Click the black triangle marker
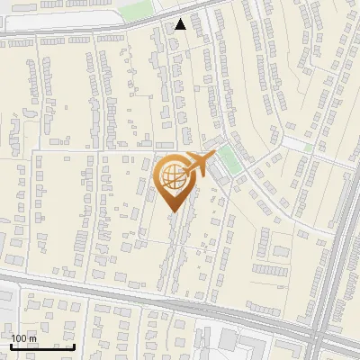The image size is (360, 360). click(182, 24)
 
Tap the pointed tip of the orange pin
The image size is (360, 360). click(174, 210)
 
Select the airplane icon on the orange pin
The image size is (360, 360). click(197, 165)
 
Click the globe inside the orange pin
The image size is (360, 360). click(173, 175)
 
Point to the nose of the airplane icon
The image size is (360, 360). click(212, 157)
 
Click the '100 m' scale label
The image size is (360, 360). click(23, 337)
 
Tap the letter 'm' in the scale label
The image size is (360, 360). click(34, 337)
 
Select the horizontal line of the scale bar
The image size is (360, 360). click(42, 346)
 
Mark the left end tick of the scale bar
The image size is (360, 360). click(11, 345)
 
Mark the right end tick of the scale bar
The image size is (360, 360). click(74, 345)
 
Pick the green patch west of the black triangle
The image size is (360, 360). click(137, 12)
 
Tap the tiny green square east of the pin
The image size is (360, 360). click(309, 147)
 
